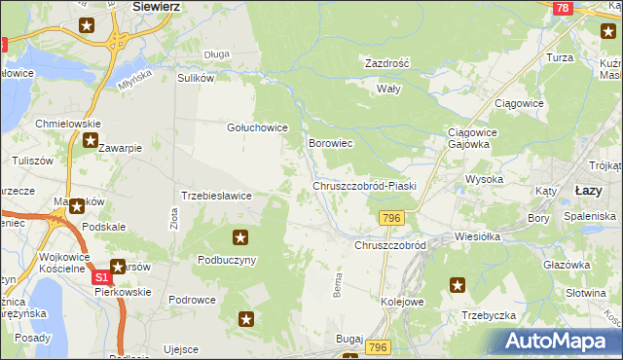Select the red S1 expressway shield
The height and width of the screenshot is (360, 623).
[102, 278]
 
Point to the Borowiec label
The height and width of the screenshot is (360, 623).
[329, 143]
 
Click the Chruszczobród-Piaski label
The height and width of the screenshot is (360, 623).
[364, 186]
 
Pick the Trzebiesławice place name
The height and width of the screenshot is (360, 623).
[217, 196]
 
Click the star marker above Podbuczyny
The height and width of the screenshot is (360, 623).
[240, 236]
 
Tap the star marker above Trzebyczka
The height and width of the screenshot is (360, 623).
[458, 285]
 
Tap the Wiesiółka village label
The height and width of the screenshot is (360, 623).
[477, 236]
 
